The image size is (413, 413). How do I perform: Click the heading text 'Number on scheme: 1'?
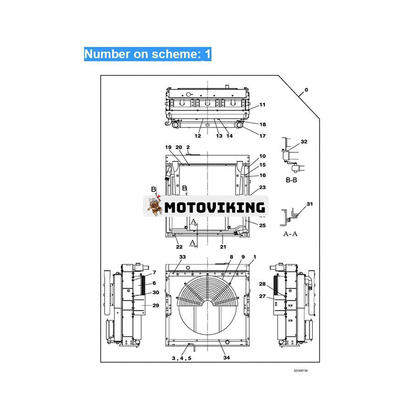pos(147,54)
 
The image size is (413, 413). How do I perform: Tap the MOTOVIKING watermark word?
pos(215,206)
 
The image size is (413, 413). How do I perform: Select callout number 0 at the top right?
pos(307,90)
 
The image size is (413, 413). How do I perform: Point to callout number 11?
pos(262,105)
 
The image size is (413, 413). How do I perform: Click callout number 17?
pos(262,136)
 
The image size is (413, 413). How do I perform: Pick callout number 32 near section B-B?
pos(304,142)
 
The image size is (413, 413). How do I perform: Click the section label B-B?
pos(291,180)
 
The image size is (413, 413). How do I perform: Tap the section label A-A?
pos(290,233)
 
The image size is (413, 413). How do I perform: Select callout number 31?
pos(309,204)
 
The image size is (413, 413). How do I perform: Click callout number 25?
pos(262,225)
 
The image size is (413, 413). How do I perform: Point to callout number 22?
pos(179,247)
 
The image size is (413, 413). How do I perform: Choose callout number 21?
pos(223,247)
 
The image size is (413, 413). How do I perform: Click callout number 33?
pos(182,257)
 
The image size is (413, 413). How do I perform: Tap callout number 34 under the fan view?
pos(226,357)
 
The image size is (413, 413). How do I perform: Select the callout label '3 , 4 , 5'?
pos(182,358)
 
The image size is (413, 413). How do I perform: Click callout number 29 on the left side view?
pos(156,305)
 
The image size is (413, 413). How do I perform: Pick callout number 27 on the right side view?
pos(262,296)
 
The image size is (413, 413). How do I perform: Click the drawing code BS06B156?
pos(301,371)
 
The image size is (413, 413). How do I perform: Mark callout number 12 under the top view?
pos(198,136)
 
